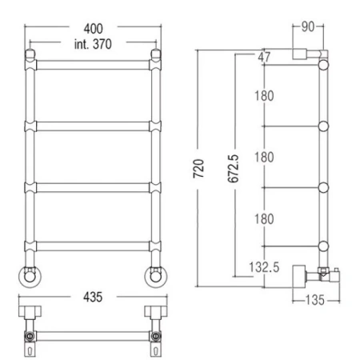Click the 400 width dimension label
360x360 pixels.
(93, 29)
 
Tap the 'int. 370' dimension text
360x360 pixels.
(93, 44)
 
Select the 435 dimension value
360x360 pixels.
(93, 297)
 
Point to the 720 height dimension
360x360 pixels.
(198, 169)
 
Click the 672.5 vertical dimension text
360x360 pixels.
(234, 169)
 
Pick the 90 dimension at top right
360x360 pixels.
(308, 26)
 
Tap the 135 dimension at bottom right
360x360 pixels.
(315, 300)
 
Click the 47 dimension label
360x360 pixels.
(264, 57)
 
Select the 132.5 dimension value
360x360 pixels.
(264, 267)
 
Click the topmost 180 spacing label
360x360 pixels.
(264, 96)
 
